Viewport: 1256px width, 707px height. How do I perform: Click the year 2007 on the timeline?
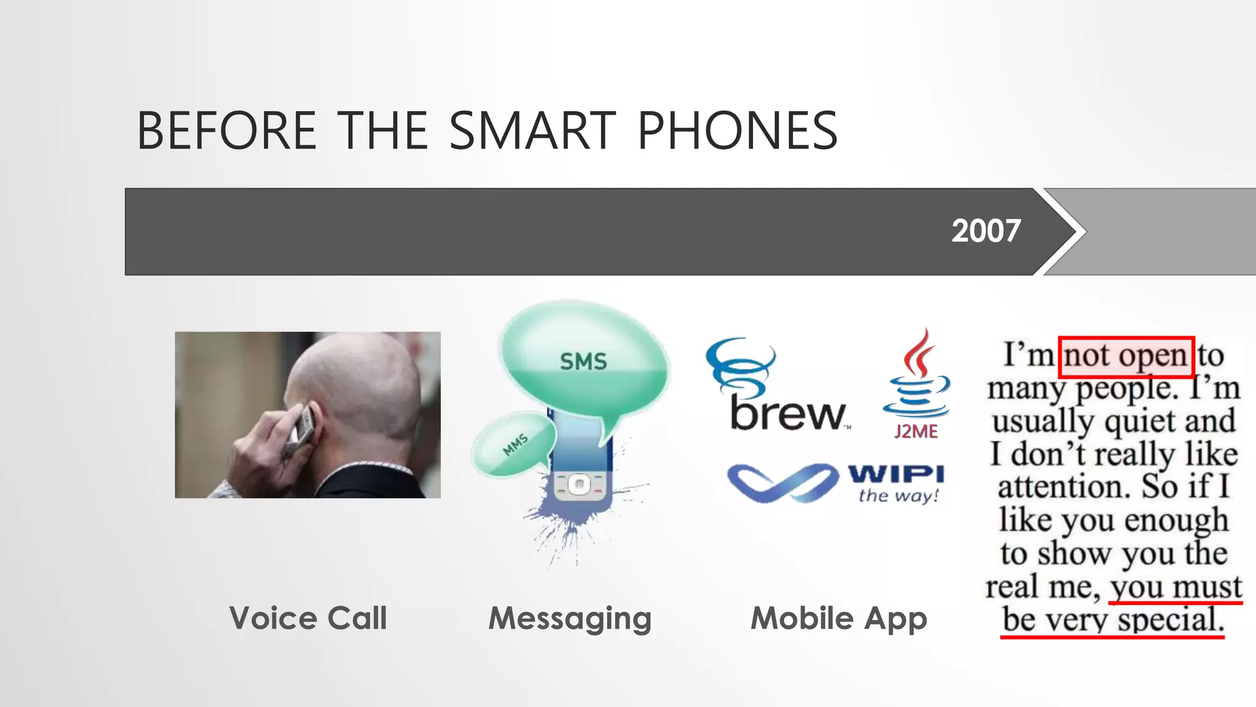tap(986, 231)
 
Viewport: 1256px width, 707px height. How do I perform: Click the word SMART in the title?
tap(532, 131)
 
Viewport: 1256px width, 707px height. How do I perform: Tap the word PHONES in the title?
tap(737, 131)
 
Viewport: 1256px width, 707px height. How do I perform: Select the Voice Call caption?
tap(308, 617)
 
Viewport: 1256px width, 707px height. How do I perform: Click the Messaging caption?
tap(570, 619)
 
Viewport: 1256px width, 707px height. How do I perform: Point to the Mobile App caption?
tap(838, 619)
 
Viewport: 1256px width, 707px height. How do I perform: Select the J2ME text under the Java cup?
tap(916, 431)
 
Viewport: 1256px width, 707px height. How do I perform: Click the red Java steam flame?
tap(918, 352)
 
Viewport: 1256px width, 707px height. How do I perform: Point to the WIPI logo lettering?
tap(896, 474)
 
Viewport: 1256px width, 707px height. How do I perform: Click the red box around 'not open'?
tap(1126, 357)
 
